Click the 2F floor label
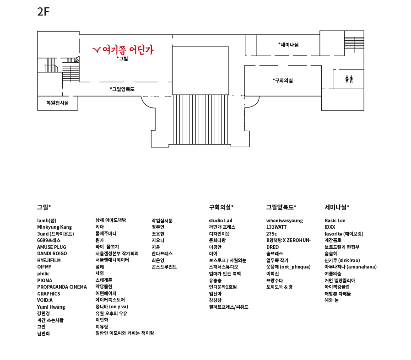(x=43, y=12)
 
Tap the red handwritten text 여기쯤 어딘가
(x=123, y=49)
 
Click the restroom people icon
(x=349, y=79)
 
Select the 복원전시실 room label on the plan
(x=57, y=103)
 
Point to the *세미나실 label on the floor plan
(x=288, y=45)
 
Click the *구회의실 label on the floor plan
(x=282, y=81)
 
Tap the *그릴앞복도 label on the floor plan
(x=122, y=89)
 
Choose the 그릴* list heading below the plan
(x=44, y=207)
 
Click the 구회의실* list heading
(x=222, y=207)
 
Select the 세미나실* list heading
(x=337, y=207)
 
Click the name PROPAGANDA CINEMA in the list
(x=62, y=287)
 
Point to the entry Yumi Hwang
(x=51, y=307)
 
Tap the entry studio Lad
(x=221, y=220)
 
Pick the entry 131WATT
(x=276, y=227)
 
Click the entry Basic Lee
(x=335, y=220)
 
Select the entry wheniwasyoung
(x=285, y=220)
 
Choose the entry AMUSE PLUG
(x=51, y=247)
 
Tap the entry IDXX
(x=330, y=227)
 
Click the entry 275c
(x=271, y=234)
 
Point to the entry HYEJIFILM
(x=49, y=260)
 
